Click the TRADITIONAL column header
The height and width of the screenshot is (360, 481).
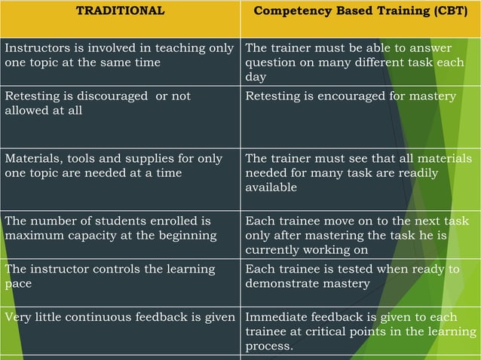[x=120, y=11]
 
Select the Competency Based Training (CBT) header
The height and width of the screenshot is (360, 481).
[x=360, y=11]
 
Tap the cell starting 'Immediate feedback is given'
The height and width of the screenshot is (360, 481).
[x=360, y=331]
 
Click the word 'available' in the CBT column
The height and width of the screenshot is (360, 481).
[x=271, y=188]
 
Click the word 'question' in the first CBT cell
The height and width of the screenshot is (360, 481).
[x=271, y=63]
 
